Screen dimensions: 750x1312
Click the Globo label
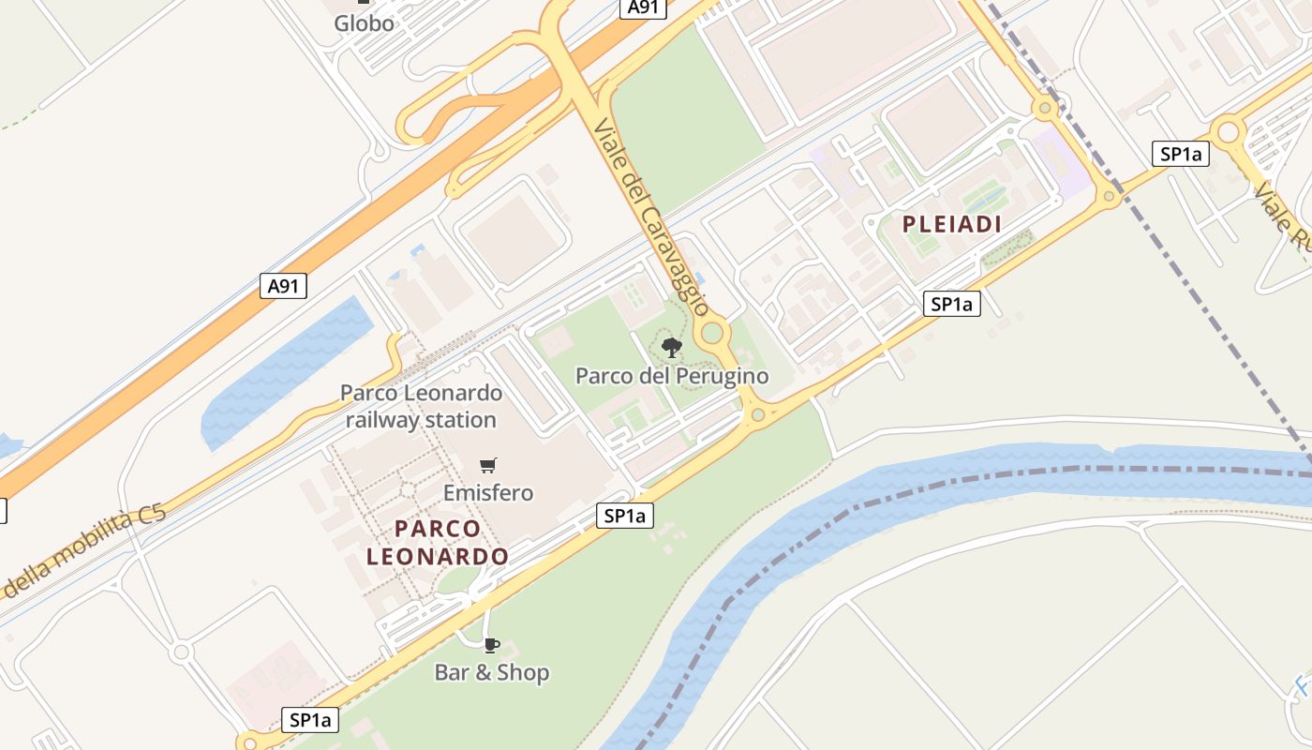[364, 23]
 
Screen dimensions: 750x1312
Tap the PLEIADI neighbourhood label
[952, 224]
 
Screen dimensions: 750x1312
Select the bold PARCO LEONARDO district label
[438, 542]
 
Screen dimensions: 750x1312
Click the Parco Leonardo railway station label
[421, 406]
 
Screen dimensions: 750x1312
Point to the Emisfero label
[487, 492]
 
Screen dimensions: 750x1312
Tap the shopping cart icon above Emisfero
[487, 465]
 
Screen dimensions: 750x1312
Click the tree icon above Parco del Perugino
[671, 349]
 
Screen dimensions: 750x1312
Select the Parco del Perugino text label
[671, 376]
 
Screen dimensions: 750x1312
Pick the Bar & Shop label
[491, 672]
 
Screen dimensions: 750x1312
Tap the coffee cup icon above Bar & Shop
[491, 645]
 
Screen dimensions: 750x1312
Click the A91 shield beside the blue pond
[283, 285]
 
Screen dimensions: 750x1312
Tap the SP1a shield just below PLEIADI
[951, 304]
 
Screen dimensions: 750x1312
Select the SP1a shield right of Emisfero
[625, 516]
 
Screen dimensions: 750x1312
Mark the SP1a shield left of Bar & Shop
[310, 720]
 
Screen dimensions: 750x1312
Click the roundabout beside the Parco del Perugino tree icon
[713, 333]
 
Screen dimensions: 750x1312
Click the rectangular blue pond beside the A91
[281, 370]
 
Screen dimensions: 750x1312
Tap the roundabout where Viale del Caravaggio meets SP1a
[754, 413]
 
